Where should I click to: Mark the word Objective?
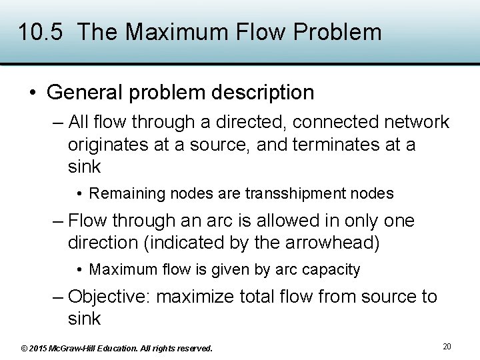pos(109,296)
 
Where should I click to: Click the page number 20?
pos(447,346)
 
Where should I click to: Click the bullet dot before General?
pos(33,93)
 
